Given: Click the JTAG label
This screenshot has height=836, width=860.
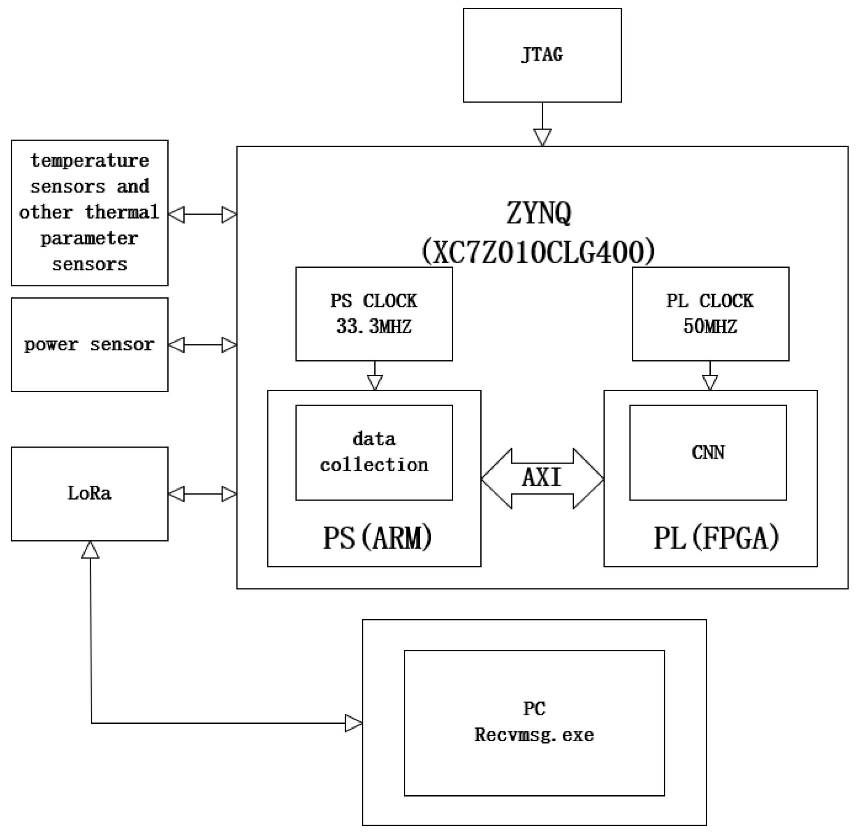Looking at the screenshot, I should coord(542,55).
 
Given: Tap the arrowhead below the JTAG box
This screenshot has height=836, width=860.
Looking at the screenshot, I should coord(542,137).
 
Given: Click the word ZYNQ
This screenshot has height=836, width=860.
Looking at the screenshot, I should coord(538,213).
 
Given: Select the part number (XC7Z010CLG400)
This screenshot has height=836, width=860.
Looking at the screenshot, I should coord(538,252).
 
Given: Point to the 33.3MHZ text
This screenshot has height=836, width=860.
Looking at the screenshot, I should coord(374,327).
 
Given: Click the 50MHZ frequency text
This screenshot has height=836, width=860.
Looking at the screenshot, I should coord(710,327).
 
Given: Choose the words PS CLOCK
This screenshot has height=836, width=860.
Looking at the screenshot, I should coord(374,301).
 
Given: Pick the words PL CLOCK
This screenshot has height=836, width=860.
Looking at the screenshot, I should coord(710,301).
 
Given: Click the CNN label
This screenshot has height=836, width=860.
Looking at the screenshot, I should coord(708,453).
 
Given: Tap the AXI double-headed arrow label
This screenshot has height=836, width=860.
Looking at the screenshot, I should coord(542,478).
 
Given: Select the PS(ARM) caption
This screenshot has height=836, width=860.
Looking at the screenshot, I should coord(377,537).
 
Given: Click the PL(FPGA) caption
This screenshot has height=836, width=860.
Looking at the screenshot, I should coord(716,537).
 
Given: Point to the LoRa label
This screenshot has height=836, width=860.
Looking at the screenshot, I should coord(89,493).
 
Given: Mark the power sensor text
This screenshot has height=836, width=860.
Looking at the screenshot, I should coord(89,345).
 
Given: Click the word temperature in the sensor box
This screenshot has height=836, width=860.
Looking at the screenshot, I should coord(90,161).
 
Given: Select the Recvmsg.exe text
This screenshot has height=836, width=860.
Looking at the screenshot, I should coord(534,735).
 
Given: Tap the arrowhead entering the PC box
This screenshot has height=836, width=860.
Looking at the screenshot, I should coord(353,724).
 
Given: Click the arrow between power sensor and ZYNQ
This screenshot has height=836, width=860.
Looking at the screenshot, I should coord(202,345).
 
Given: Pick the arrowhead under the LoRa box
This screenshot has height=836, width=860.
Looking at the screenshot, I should coord(90,550).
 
